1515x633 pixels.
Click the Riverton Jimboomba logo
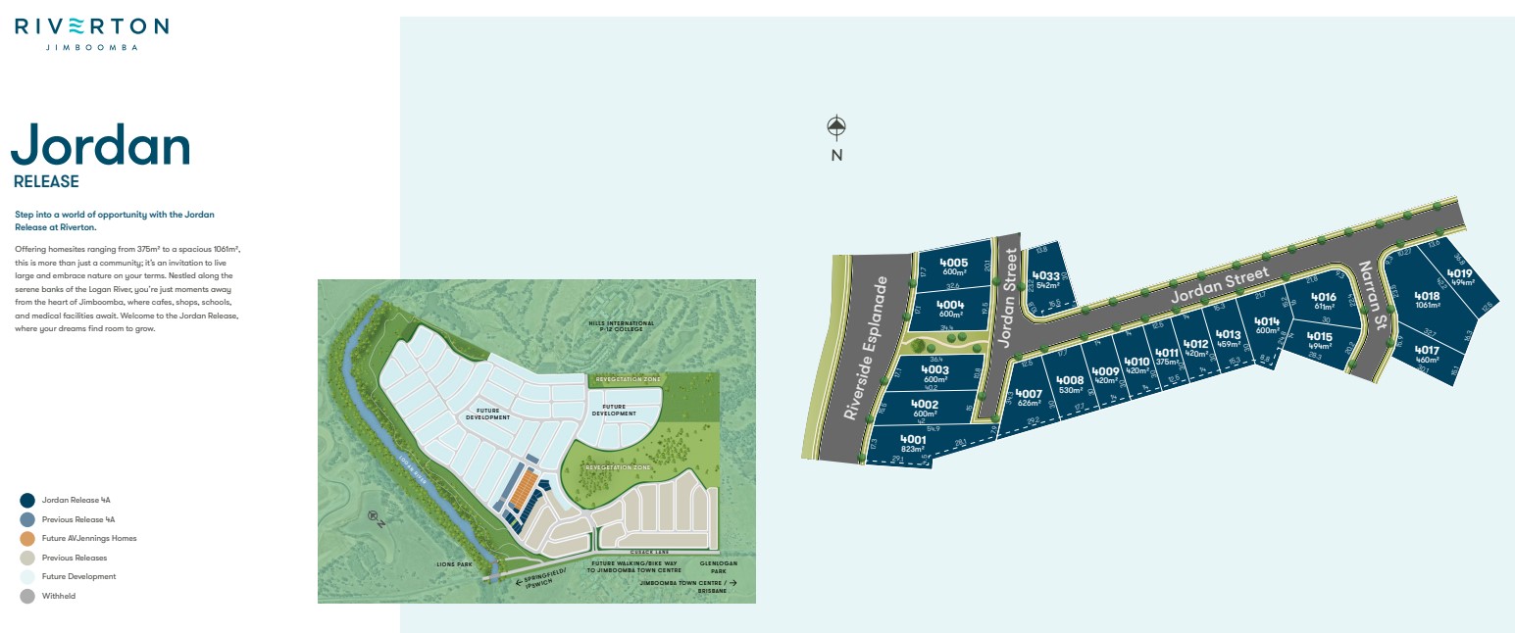coord(91,32)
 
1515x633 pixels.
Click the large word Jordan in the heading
coord(101,145)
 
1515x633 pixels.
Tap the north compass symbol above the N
coord(835,125)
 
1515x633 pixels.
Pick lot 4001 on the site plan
coord(912,444)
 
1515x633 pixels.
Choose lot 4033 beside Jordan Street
coord(1046,279)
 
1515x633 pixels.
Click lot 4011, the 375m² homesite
coord(1166,357)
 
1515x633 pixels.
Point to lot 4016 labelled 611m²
coord(1323,301)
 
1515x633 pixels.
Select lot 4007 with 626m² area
coord(1029,398)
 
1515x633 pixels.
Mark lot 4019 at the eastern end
coord(1459,277)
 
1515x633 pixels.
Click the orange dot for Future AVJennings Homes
coord(27,538)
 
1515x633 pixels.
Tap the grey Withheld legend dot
coord(27,596)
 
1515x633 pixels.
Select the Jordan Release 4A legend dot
coord(27,500)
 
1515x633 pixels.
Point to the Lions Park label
coord(454,564)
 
